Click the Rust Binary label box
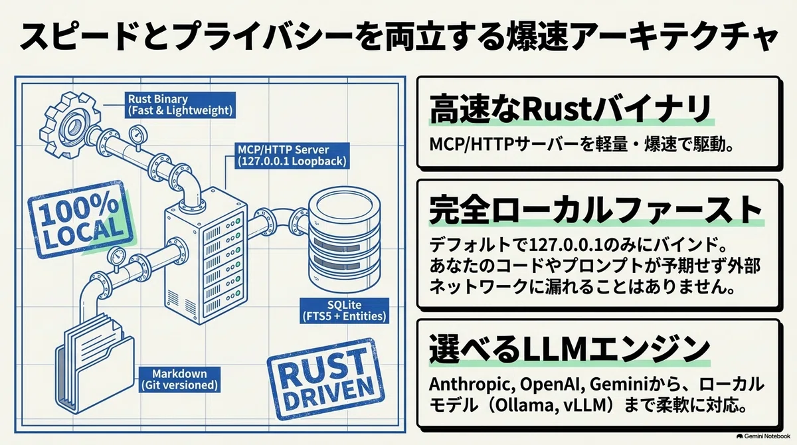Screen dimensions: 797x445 [180, 105]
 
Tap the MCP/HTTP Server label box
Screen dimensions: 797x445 [292, 155]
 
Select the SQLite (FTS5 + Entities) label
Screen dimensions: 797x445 [345, 311]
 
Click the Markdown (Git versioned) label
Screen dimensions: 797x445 [180, 379]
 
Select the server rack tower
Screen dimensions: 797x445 [206, 256]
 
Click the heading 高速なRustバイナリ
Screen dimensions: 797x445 [571, 108]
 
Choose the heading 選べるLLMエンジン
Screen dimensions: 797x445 [569, 347]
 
